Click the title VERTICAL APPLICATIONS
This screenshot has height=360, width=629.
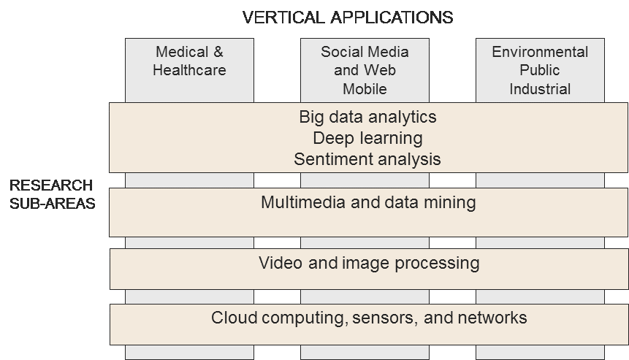(347, 17)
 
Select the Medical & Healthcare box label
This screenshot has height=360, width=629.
(190, 61)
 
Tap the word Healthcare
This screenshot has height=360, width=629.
(190, 71)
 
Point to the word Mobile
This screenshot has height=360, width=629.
(365, 90)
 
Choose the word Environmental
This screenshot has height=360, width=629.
(540, 53)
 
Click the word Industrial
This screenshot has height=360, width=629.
(540, 90)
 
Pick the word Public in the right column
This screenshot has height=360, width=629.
(540, 71)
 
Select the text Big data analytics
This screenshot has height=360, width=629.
(367, 117)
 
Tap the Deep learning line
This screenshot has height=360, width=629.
(367, 138)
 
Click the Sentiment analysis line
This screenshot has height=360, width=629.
(367, 159)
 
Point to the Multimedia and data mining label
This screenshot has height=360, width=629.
(368, 202)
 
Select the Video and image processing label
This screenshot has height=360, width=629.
(369, 263)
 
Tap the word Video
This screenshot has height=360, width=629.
(278, 263)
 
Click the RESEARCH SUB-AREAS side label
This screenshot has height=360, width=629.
(52, 194)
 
